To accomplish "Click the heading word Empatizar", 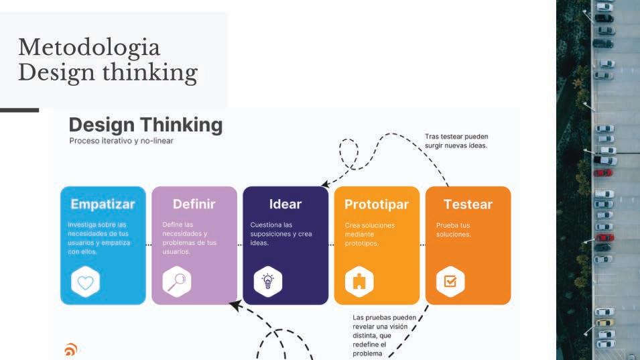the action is (x=103, y=204).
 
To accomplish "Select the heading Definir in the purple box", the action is (x=194, y=204).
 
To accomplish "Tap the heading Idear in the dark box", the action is (x=285, y=204).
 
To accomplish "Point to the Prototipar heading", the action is (x=377, y=204).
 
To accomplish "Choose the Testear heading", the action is (x=468, y=204).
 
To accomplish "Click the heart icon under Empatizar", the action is (x=85, y=282).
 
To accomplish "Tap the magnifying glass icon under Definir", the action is (x=176, y=282).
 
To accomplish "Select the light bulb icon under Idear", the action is (x=267, y=282).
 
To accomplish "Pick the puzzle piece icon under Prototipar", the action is (x=359, y=282).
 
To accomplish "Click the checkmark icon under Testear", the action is (x=450, y=282).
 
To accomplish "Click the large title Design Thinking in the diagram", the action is (x=145, y=125).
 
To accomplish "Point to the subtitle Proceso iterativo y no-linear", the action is (x=121, y=141).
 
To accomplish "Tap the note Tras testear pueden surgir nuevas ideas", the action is (x=456, y=141).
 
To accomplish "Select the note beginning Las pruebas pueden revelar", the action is (x=384, y=335).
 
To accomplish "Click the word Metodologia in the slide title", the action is (x=89, y=48).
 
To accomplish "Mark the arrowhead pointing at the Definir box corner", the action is (x=234, y=306).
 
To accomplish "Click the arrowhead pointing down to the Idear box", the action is (x=325, y=182).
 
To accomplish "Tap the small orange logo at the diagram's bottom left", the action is (x=70, y=349).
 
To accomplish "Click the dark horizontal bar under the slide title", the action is (x=19, y=110).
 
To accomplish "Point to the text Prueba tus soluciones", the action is (x=454, y=229).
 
